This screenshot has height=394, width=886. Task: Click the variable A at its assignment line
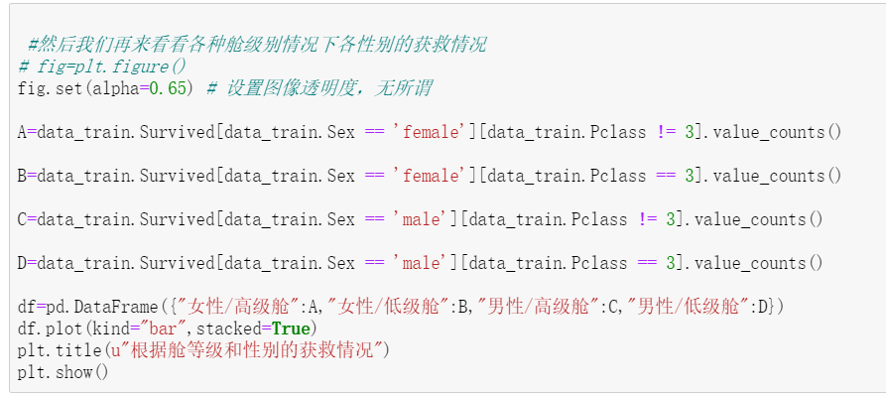(22, 132)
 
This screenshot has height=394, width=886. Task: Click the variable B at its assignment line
(22, 176)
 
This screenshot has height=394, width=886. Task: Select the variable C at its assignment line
(22, 219)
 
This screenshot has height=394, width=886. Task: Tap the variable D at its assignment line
(22, 263)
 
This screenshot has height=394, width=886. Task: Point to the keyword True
(293, 328)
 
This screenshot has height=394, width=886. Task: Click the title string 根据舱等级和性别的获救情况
(244, 350)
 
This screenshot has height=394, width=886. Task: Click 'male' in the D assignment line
(421, 263)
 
